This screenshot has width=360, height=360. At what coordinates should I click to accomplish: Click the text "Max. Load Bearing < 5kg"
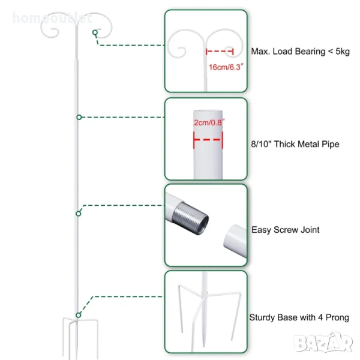click(301, 52)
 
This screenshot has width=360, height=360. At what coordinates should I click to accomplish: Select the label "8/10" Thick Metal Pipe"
click(295, 144)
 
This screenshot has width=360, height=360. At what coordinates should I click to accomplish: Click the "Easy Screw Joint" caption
click(285, 229)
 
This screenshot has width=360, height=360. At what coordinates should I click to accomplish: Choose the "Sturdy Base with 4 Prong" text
click(299, 317)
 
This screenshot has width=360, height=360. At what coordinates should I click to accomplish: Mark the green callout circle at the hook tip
click(95, 33)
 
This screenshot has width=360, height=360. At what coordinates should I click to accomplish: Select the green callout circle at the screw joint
click(78, 213)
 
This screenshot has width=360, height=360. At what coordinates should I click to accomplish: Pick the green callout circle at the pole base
click(79, 314)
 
